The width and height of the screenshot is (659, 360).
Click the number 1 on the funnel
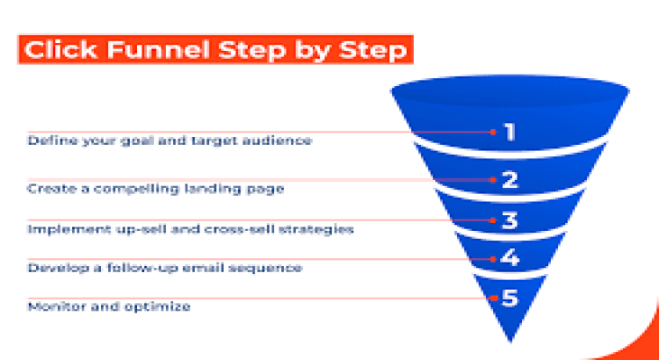(510, 133)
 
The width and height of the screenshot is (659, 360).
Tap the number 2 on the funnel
(511, 181)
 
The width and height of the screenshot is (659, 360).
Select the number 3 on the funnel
(511, 221)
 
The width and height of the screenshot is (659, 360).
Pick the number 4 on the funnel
(511, 259)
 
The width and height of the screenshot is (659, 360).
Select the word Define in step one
(49, 140)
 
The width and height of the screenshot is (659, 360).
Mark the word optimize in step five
(157, 307)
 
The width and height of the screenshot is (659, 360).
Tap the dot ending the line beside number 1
(494, 132)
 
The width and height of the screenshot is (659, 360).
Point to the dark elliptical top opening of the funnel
(511, 91)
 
